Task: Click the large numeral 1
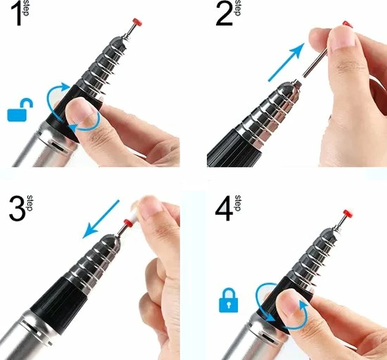click(17, 14)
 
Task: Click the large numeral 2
click(224, 14)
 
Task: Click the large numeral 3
click(18, 208)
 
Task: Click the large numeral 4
click(224, 209)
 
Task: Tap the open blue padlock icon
click(20, 110)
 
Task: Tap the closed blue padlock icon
click(229, 300)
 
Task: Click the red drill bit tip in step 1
click(137, 23)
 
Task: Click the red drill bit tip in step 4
click(348, 213)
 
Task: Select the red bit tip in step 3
click(128, 223)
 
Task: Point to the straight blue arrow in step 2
click(286, 62)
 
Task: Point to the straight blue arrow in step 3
click(101, 219)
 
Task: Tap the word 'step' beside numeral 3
click(30, 203)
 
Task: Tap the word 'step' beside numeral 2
click(237, 8)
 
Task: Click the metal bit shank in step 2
click(315, 63)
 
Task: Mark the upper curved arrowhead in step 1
click(65, 87)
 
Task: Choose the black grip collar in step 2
click(234, 148)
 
